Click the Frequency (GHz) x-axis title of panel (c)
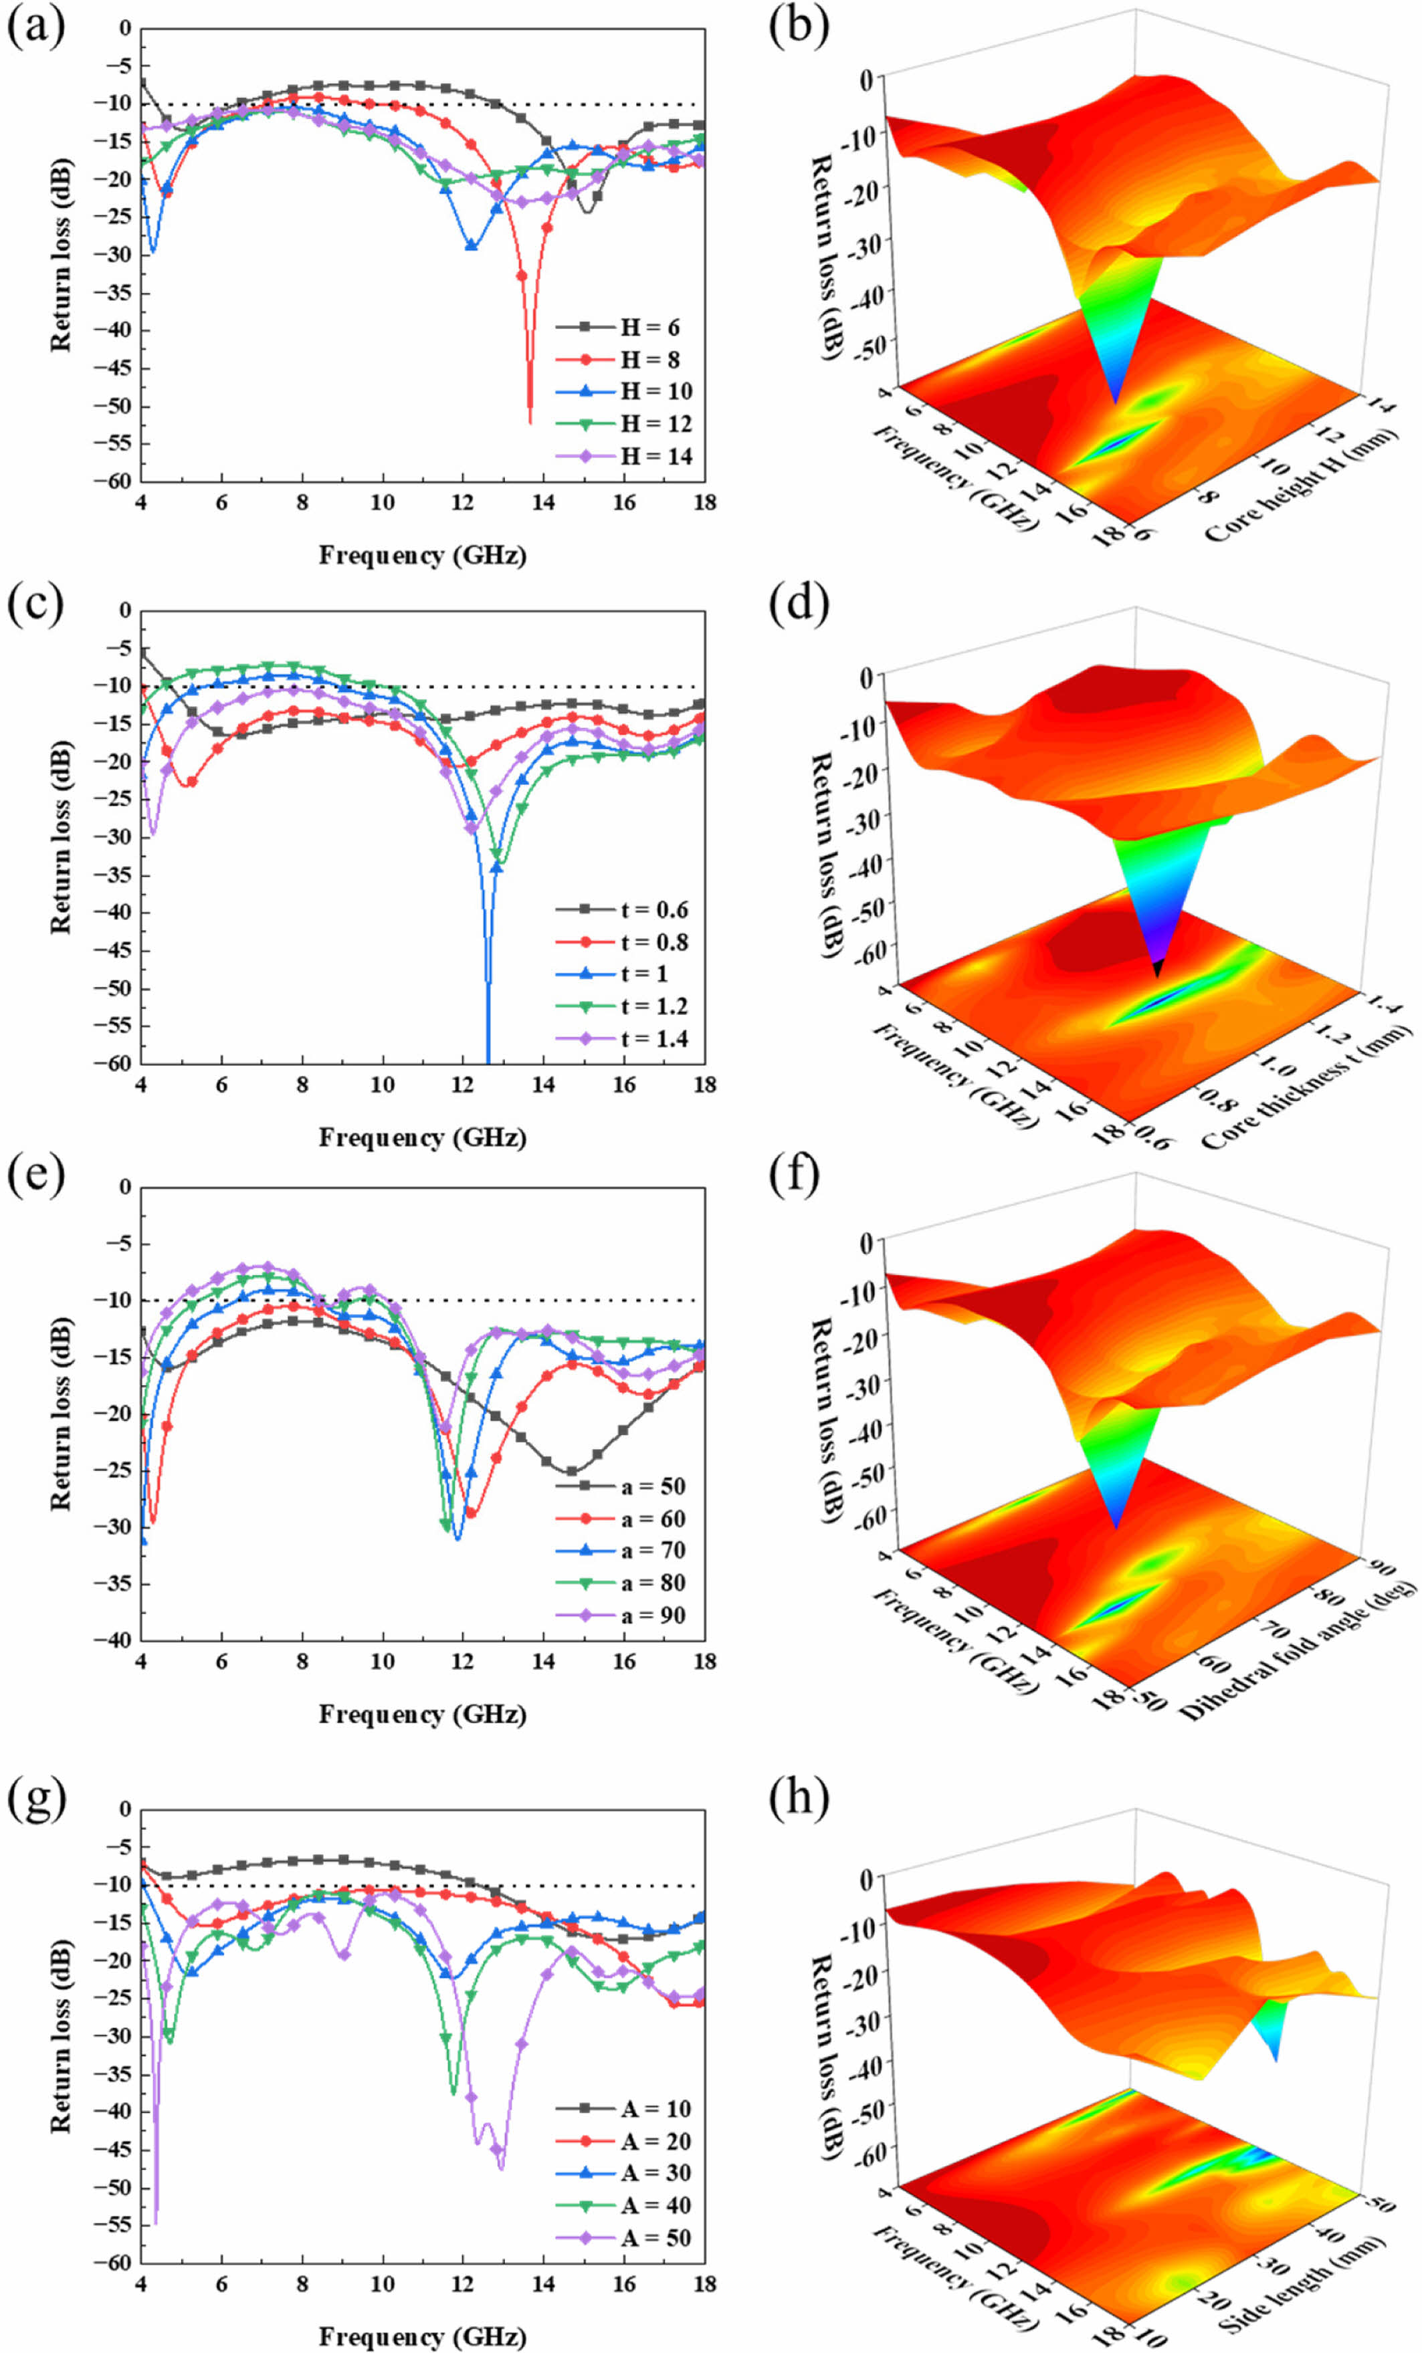[x=422, y=1137]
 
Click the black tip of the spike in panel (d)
[x=1158, y=970]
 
